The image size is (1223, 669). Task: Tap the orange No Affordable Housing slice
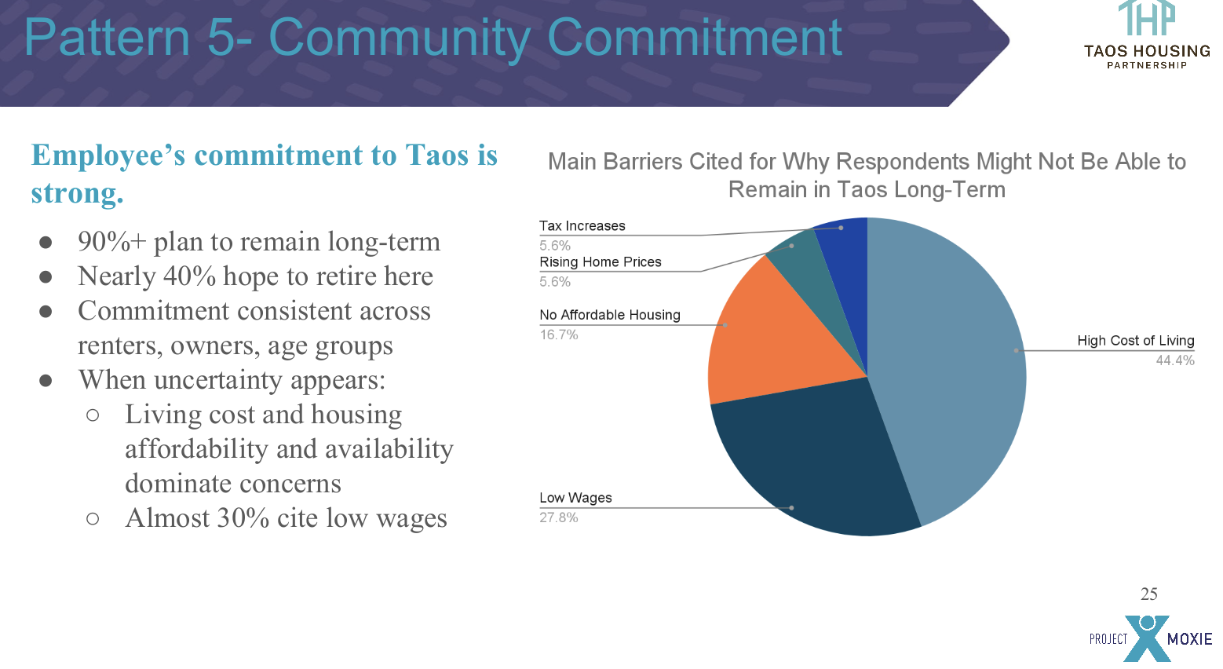(x=769, y=338)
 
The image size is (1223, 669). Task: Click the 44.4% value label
(x=1174, y=360)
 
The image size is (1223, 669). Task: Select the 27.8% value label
(x=558, y=517)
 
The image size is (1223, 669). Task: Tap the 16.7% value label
(x=558, y=334)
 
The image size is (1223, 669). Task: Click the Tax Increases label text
(x=582, y=226)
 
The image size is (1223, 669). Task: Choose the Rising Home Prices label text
(x=600, y=262)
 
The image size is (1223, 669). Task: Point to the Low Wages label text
(x=575, y=498)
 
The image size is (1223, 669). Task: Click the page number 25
(x=1148, y=594)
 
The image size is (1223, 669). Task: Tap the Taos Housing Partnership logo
(x=1146, y=35)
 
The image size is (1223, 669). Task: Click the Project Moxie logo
(x=1149, y=638)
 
